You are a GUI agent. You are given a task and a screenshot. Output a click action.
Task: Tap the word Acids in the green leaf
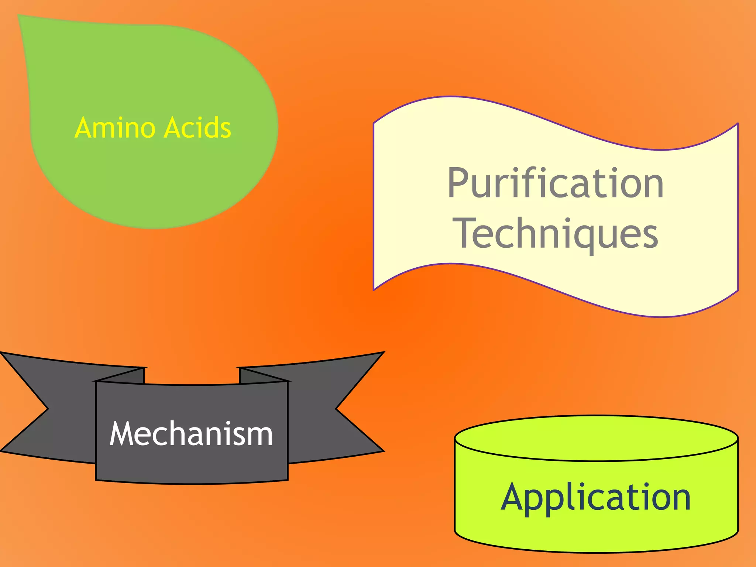[197, 128]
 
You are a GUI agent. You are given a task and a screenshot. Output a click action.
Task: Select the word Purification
[556, 183]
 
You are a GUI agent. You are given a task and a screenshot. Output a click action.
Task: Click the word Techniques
[557, 234]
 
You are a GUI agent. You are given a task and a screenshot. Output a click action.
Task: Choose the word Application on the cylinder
[595, 498]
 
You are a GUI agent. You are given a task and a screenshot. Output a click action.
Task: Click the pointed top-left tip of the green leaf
[20, 17]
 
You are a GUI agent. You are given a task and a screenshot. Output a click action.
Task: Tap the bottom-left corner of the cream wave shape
[374, 289]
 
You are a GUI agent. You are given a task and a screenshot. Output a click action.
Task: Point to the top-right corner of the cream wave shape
[737, 124]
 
